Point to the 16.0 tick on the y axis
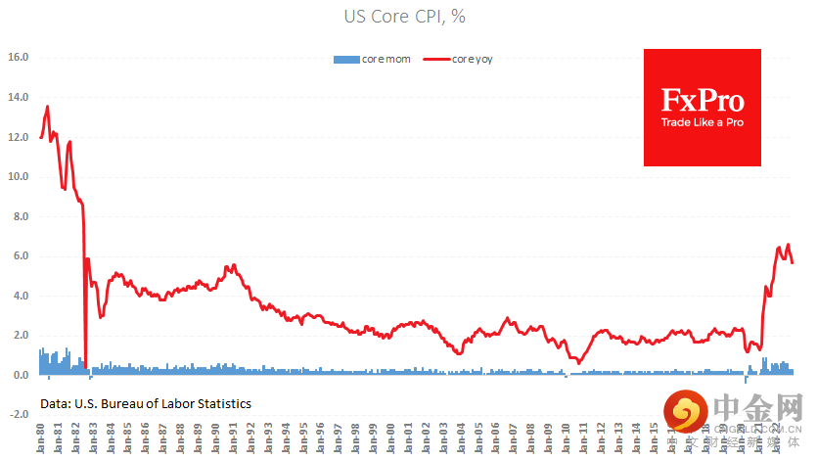click(19, 58)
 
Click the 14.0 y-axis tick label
click(19, 98)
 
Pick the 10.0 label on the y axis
click(19, 177)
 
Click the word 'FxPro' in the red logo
click(702, 101)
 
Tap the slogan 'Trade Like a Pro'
click(702, 123)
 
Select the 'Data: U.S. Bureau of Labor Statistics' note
click(146, 403)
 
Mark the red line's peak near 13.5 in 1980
click(47, 107)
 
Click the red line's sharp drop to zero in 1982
click(85, 366)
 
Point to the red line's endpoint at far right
click(793, 262)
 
